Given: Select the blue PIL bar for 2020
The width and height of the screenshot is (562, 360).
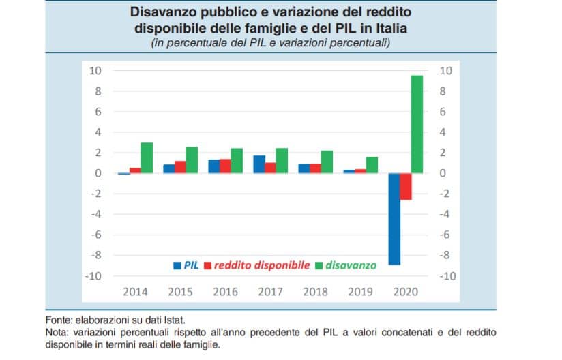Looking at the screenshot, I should point(394,218).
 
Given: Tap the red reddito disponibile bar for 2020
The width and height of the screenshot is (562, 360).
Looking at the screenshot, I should point(406,186).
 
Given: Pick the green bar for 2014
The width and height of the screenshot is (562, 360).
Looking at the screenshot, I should point(147,157).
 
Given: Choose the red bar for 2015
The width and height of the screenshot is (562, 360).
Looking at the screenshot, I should point(180,167).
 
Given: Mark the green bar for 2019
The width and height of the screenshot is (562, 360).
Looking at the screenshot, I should point(372,165).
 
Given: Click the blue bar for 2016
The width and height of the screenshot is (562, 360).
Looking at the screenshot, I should point(214,166).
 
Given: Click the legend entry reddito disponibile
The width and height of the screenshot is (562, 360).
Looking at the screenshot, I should point(262,265).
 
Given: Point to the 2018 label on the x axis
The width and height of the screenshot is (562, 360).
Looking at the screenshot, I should point(316,291).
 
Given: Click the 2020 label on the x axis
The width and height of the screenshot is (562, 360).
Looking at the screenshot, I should point(406,291).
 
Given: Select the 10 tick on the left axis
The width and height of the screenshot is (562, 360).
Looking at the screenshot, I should point(96,70).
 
